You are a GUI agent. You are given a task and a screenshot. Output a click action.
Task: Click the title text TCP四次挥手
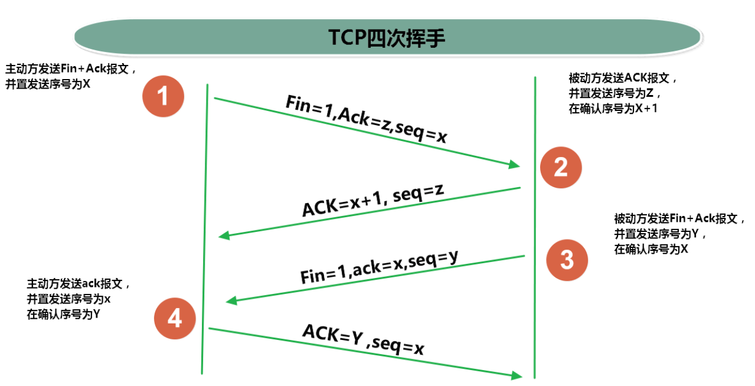(387, 37)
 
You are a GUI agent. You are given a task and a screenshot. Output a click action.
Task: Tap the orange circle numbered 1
(164, 96)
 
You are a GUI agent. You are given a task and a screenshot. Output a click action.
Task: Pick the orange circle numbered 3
(567, 259)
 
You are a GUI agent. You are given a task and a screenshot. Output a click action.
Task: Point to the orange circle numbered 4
(175, 319)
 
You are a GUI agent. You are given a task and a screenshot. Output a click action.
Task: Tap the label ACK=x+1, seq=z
(373, 201)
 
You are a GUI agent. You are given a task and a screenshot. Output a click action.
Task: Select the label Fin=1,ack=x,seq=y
(380, 266)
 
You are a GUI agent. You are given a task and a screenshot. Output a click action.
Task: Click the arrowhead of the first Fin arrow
(515, 165)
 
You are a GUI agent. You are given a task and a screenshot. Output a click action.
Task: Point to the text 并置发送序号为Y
(660, 234)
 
